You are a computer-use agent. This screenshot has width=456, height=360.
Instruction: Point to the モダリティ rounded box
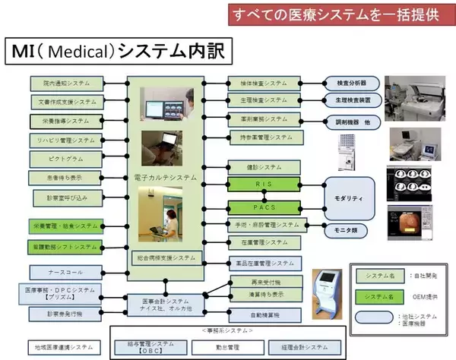(350, 197)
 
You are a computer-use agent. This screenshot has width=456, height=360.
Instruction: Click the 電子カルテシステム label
(164, 177)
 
